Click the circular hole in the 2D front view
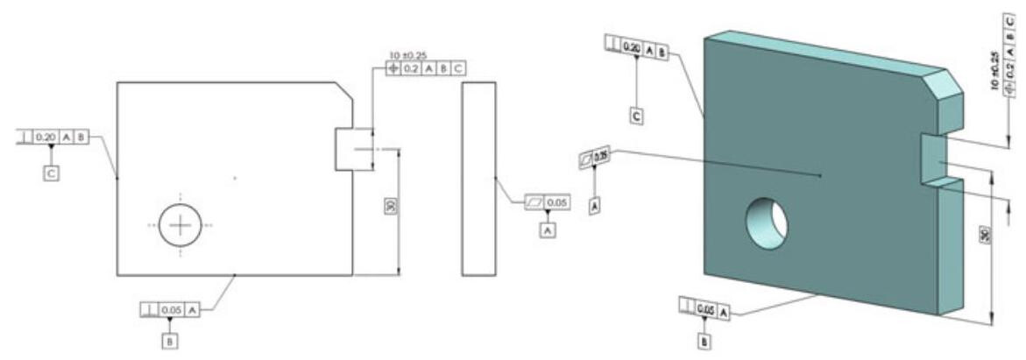tap(180, 226)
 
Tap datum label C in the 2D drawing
tap(51, 173)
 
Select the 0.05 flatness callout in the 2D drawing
tap(548, 202)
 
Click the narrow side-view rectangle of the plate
tap(478, 179)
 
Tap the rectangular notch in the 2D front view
tap(344, 150)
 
